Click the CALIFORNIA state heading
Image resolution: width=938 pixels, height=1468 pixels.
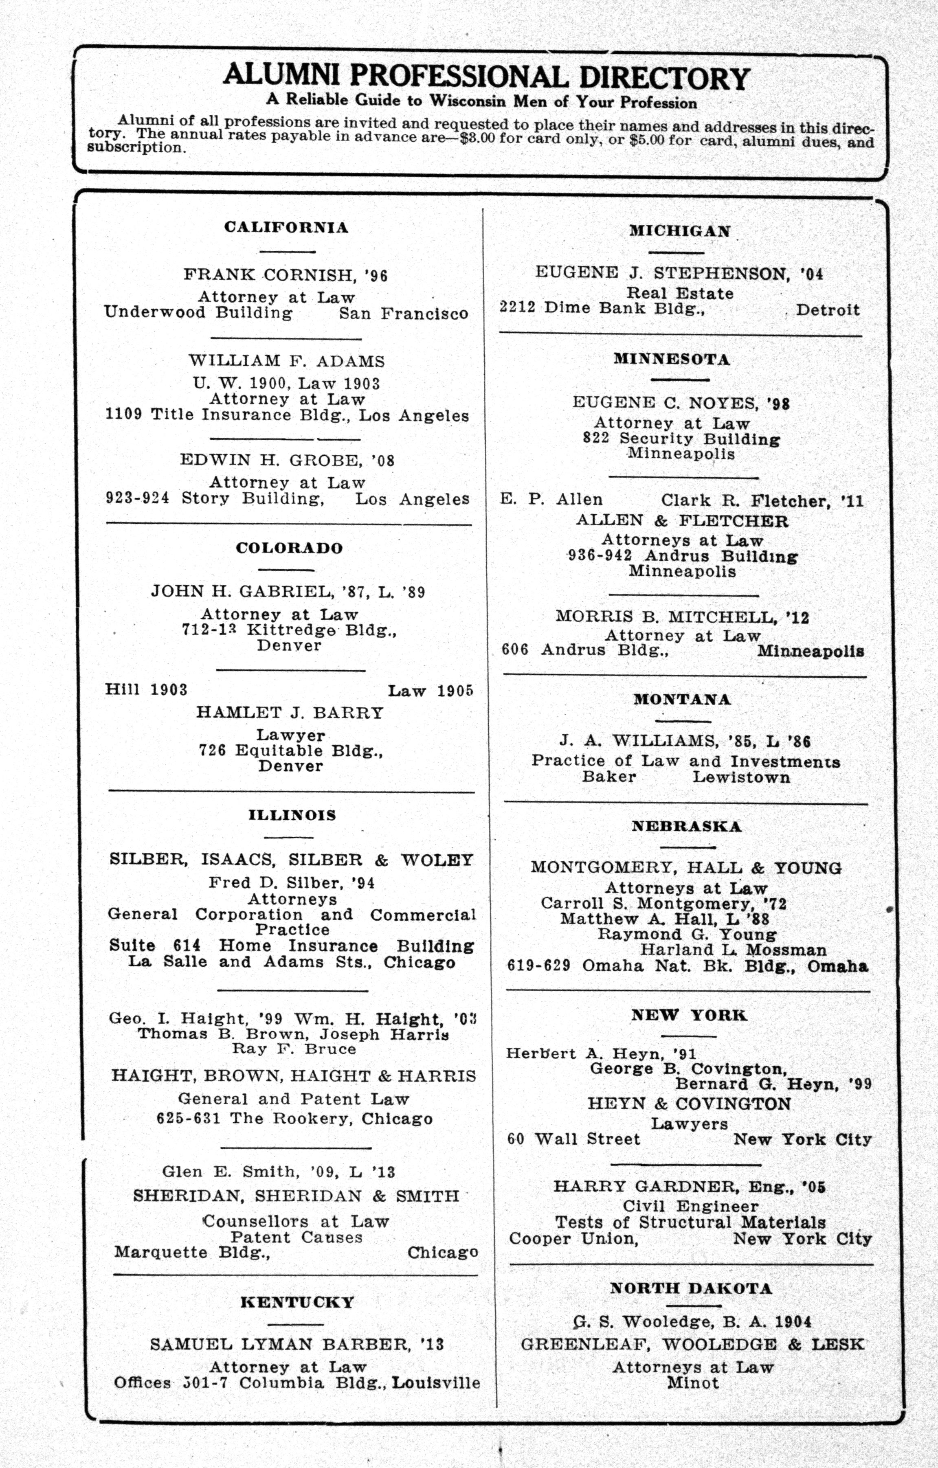(286, 227)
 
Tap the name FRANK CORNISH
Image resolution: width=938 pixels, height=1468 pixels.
(269, 275)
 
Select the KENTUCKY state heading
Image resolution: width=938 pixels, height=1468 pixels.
(297, 1303)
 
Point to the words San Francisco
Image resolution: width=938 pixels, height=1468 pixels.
(403, 314)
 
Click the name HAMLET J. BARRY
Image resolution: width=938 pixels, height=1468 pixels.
(290, 713)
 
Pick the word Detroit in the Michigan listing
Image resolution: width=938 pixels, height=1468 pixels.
(828, 310)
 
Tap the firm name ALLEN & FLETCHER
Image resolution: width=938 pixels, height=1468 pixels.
(682, 521)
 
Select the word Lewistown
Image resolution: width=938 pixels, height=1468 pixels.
(741, 777)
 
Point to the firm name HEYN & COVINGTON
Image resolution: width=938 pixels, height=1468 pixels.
(689, 1104)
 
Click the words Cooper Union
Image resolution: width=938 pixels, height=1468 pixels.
(573, 1239)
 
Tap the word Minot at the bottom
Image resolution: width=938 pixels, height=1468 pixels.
(693, 1382)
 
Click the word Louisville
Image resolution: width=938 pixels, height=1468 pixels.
(435, 1382)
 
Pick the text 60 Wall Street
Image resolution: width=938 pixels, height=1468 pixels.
(573, 1139)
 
